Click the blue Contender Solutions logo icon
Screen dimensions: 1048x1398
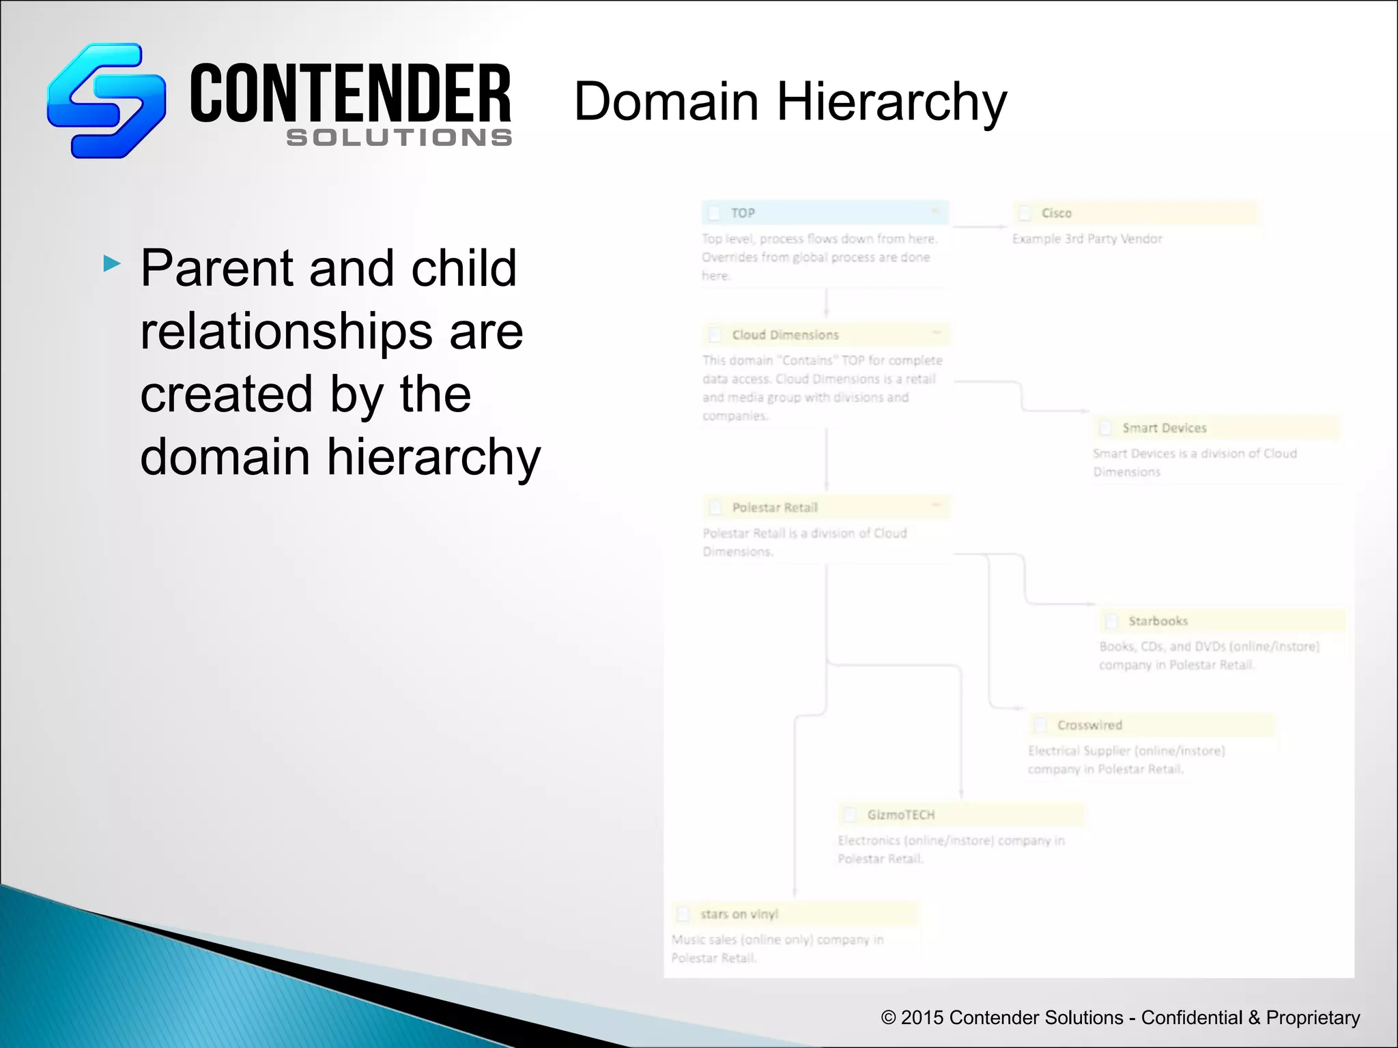tap(106, 100)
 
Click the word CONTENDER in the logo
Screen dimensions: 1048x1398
tap(350, 93)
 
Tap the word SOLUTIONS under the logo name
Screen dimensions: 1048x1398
tap(399, 138)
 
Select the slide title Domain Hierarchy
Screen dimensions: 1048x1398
tap(790, 102)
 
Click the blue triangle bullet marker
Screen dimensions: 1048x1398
tap(112, 263)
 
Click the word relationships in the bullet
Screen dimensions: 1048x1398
tap(286, 332)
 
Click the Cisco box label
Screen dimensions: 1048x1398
tap(1056, 213)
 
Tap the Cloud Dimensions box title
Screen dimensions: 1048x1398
tap(785, 335)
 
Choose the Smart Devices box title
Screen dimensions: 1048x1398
tap(1164, 428)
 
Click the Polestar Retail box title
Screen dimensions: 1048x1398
tap(775, 508)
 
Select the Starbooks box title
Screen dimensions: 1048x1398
tap(1158, 621)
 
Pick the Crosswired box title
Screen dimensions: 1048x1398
tap(1089, 725)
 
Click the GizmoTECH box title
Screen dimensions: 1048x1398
tap(900, 815)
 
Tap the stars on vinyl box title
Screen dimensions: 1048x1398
tap(739, 914)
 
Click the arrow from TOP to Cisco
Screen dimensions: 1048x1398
tap(980, 226)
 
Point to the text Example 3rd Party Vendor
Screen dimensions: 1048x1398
tap(1087, 239)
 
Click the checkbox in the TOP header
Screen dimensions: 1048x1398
tap(714, 213)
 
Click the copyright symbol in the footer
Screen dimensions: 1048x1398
tap(888, 1018)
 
